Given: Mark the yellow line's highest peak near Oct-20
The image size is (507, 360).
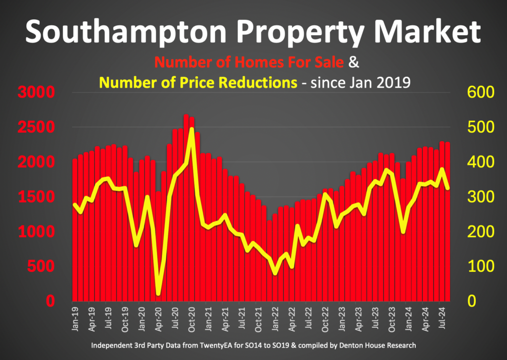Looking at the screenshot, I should [192, 130].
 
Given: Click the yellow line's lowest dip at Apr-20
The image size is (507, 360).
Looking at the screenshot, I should [158, 294].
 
